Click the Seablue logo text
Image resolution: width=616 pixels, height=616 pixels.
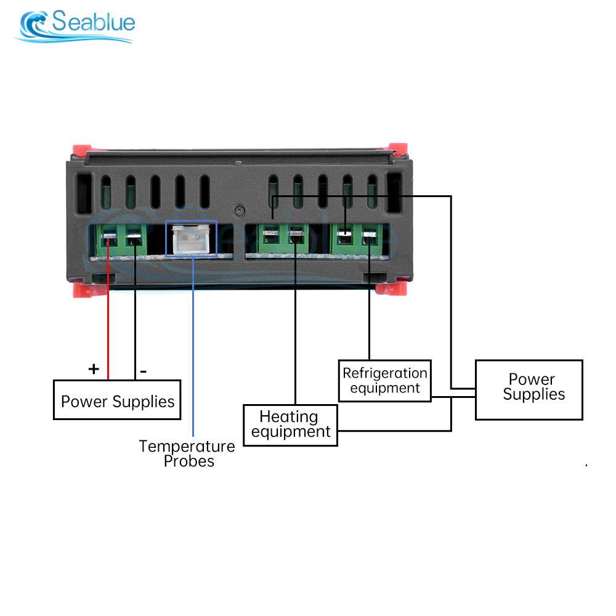pyautogui.click(x=93, y=23)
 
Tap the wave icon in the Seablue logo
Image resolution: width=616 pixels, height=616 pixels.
pyautogui.click(x=34, y=26)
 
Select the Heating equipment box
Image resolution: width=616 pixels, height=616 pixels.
pyautogui.click(x=290, y=425)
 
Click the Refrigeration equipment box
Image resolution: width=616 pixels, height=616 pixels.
pyautogui.click(x=385, y=381)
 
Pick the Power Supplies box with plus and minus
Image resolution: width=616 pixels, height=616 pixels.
pyautogui.click(x=117, y=402)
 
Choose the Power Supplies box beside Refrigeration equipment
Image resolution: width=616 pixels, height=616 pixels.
pyautogui.click(x=529, y=390)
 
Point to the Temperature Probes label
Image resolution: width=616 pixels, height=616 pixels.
pyautogui.click(x=187, y=453)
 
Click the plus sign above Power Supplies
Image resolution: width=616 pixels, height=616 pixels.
pyautogui.click(x=93, y=369)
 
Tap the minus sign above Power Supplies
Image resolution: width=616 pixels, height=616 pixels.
pyautogui.click(x=143, y=371)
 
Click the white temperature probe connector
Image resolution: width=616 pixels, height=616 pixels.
pyautogui.click(x=191, y=239)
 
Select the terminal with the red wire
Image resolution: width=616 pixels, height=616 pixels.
pyautogui.click(x=109, y=238)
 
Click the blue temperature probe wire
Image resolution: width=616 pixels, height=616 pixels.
pyautogui.click(x=193, y=345)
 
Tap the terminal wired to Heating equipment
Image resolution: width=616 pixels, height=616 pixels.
pyautogui.click(x=296, y=237)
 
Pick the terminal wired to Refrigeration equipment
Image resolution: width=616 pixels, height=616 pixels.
pyautogui.click(x=370, y=238)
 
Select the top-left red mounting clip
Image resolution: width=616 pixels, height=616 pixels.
pyautogui.click(x=82, y=150)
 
